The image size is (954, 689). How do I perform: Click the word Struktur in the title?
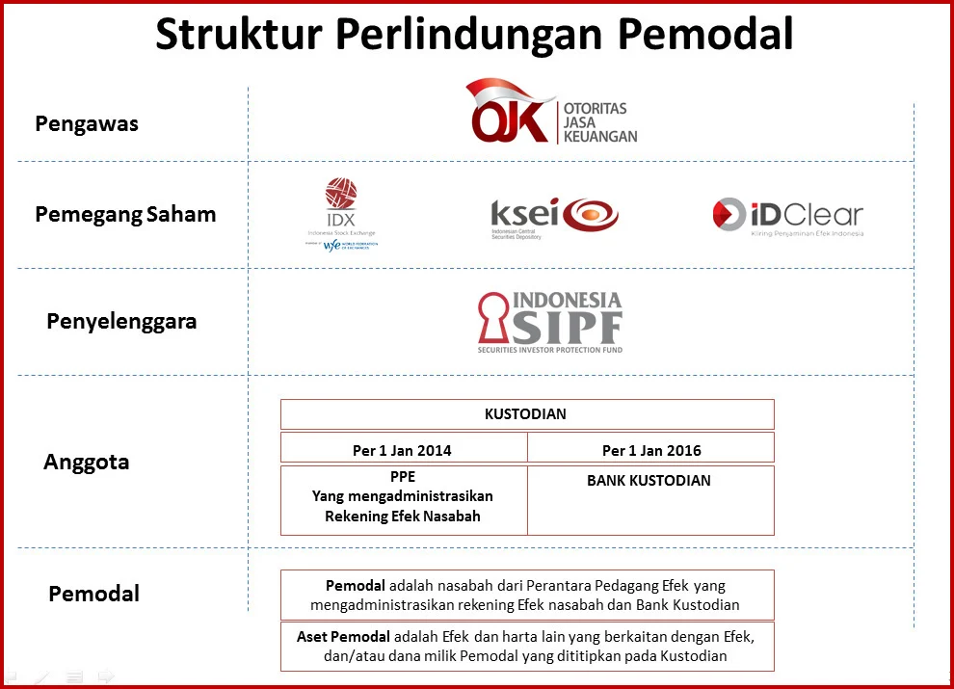coord(236,35)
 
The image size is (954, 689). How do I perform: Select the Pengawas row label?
coord(87,124)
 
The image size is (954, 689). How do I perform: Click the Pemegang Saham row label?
coord(125,214)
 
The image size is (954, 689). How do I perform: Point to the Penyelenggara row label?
coord(121,321)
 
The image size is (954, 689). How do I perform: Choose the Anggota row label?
coord(87,462)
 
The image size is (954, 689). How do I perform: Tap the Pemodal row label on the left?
coord(93,594)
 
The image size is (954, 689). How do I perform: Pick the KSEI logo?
coord(554,216)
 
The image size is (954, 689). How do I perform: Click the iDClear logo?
coord(787,216)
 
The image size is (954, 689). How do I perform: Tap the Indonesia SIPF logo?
coord(550,321)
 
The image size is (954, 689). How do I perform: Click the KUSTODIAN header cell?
coord(526,414)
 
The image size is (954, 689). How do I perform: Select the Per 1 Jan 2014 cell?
coord(402,450)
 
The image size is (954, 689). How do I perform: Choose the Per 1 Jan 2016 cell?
coord(651,450)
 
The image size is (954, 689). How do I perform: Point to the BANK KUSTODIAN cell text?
coord(649,480)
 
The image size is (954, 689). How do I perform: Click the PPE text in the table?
coord(402,477)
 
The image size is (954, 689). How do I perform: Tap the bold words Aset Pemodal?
coord(344,636)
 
